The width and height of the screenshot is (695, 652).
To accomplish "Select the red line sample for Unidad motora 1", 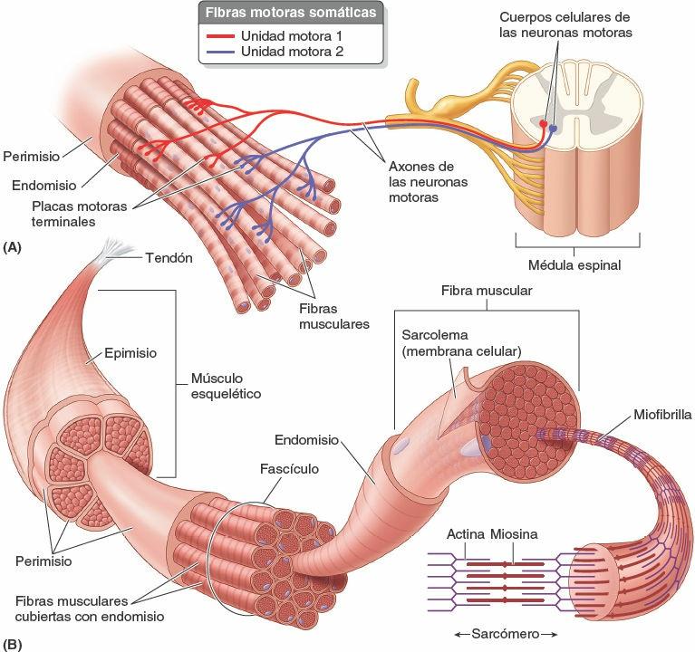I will pos(220,35).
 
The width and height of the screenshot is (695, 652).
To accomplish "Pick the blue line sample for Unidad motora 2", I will pos(220,52).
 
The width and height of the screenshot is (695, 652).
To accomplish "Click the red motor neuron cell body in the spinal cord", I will pos(544,122).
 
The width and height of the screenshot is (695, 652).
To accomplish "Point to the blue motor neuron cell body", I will pos(553,129).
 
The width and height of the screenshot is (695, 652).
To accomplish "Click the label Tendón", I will pos(169,257).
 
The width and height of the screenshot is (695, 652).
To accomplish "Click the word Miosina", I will pos(514,534).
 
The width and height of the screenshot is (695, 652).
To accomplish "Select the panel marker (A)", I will pos(13,246).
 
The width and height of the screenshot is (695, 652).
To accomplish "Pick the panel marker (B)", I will pos(13,645).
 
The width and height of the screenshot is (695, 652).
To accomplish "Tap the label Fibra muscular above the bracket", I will pos(486,292).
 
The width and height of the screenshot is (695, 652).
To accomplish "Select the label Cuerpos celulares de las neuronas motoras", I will pos(565,24).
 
